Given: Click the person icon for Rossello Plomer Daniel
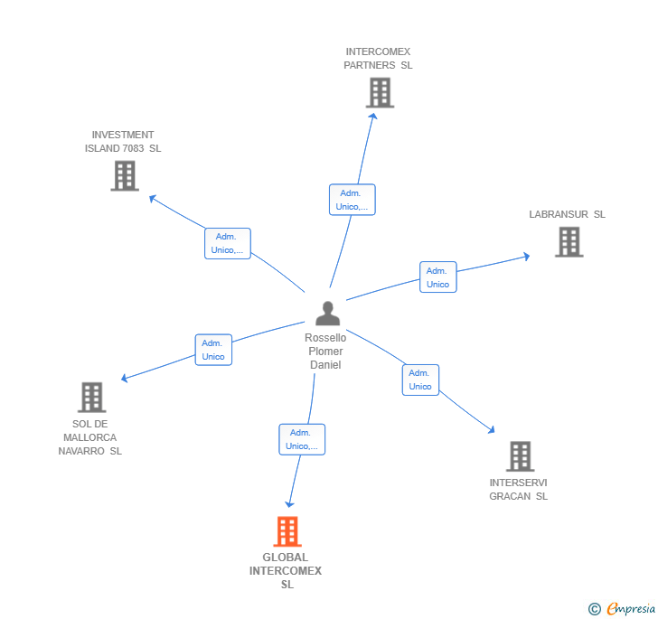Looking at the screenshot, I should point(327,314).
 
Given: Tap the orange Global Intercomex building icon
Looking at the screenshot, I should point(287,531).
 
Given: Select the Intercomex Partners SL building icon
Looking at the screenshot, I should point(380,92).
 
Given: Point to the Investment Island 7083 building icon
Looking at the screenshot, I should point(125,175).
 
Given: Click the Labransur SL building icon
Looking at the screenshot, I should point(569,241).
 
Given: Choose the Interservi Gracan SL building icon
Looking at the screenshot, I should point(520,456).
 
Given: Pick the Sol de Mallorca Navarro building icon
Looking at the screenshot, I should point(91,397).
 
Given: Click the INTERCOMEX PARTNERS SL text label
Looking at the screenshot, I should point(378,59).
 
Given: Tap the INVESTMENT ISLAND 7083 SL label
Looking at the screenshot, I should point(123,142).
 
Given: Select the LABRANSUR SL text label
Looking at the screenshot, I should point(567,214).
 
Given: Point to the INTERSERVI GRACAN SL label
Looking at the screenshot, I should point(518,489).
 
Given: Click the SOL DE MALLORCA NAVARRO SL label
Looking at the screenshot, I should point(89,437).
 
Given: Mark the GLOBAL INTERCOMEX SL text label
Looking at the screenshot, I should point(286,571).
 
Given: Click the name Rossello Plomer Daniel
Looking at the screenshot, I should point(325,351).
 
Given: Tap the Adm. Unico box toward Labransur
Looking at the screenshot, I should point(437,277).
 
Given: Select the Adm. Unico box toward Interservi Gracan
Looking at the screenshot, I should point(420,380).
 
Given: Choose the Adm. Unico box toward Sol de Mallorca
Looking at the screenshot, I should point(213,350).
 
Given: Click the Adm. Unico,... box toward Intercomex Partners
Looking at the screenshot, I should point(352,200).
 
